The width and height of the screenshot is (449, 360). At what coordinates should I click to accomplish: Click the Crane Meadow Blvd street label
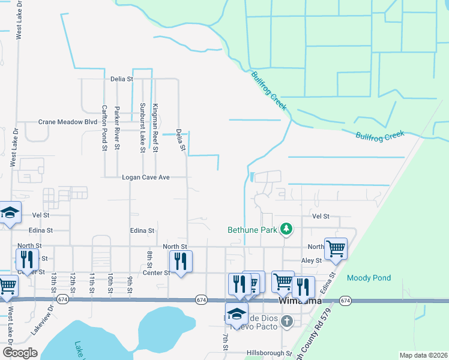coord(67,122)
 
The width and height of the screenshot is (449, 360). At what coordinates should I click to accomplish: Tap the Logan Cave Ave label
coord(146,178)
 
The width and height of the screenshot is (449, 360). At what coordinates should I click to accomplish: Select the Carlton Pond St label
coord(104,127)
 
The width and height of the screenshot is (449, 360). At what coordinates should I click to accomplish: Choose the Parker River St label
coord(118,127)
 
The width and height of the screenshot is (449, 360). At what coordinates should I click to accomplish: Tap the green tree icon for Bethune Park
coord(287,229)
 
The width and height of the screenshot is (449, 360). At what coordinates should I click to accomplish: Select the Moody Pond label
coord(369,278)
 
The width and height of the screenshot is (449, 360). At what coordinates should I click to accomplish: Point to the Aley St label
coord(311,260)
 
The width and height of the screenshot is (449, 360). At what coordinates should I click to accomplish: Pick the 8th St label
coord(149,259)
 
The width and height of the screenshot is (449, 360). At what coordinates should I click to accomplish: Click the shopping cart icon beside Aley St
coord(336,247)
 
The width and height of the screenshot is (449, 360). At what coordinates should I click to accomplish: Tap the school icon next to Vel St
coord(10,212)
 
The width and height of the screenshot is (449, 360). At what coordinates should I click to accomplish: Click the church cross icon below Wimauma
coord(287,321)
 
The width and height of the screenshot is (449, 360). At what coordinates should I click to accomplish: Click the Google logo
coord(20,353)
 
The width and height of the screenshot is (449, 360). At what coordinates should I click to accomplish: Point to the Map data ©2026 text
coord(423,355)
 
